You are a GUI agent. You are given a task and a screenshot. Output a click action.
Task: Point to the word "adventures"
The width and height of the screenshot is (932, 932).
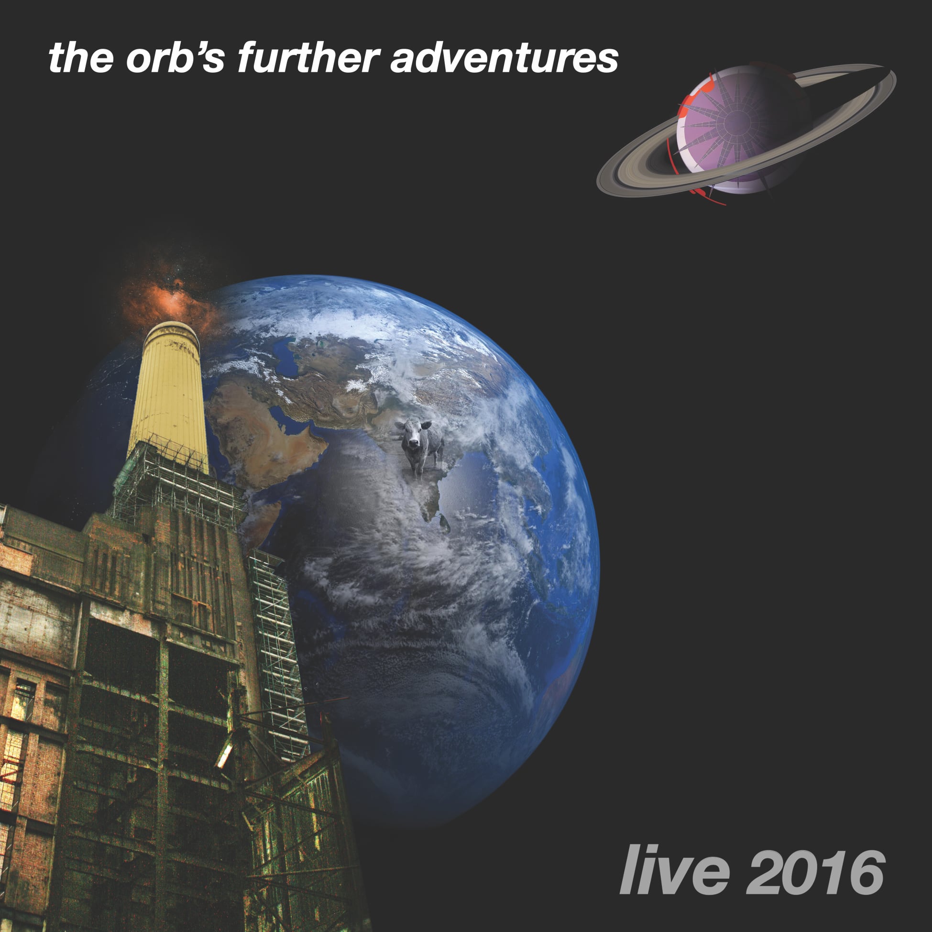point(504,59)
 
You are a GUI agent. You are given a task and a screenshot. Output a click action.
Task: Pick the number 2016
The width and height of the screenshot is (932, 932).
point(815,873)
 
